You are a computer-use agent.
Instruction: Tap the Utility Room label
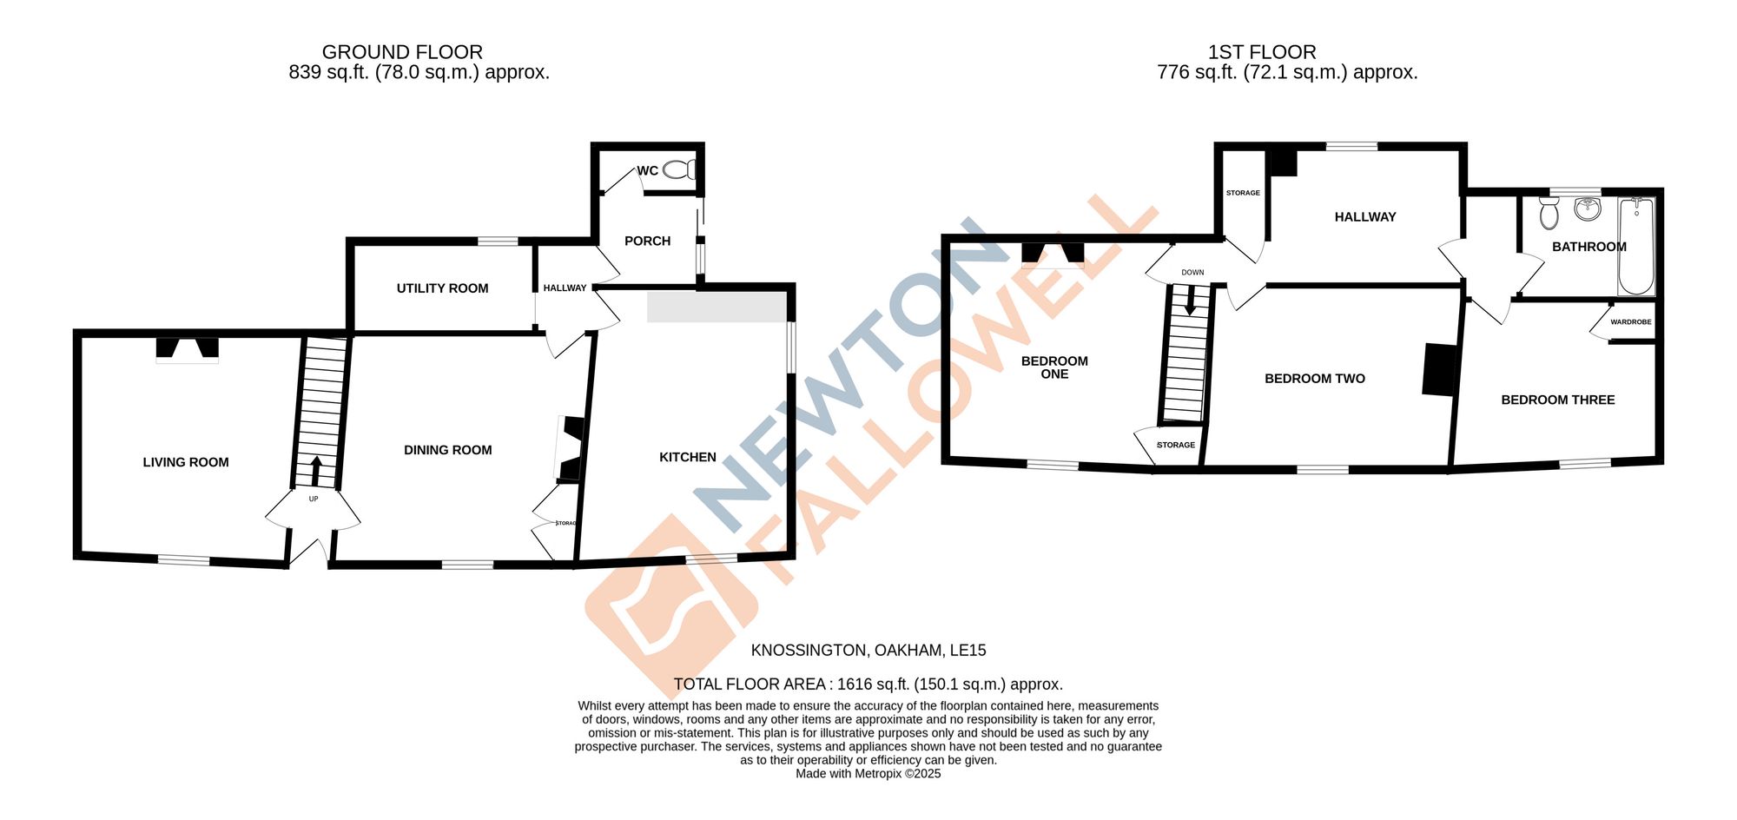point(442,288)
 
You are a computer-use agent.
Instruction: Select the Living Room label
point(186,462)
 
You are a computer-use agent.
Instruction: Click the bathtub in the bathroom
point(1636,247)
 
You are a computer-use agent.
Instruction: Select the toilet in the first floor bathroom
point(1549,213)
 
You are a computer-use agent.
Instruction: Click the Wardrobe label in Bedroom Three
point(1630,322)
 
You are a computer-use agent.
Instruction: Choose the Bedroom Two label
point(1314,379)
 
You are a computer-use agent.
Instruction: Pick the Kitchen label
point(687,457)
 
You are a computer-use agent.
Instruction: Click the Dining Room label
point(447,450)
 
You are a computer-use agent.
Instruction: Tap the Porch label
point(647,241)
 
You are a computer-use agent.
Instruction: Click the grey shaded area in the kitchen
point(717,307)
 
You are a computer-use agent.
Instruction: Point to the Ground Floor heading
point(402,52)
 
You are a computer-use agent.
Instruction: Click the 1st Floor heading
point(1262,52)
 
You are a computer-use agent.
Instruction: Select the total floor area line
point(868,684)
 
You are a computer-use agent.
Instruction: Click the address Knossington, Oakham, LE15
point(868,651)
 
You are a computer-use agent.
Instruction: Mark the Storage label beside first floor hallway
point(1243,193)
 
